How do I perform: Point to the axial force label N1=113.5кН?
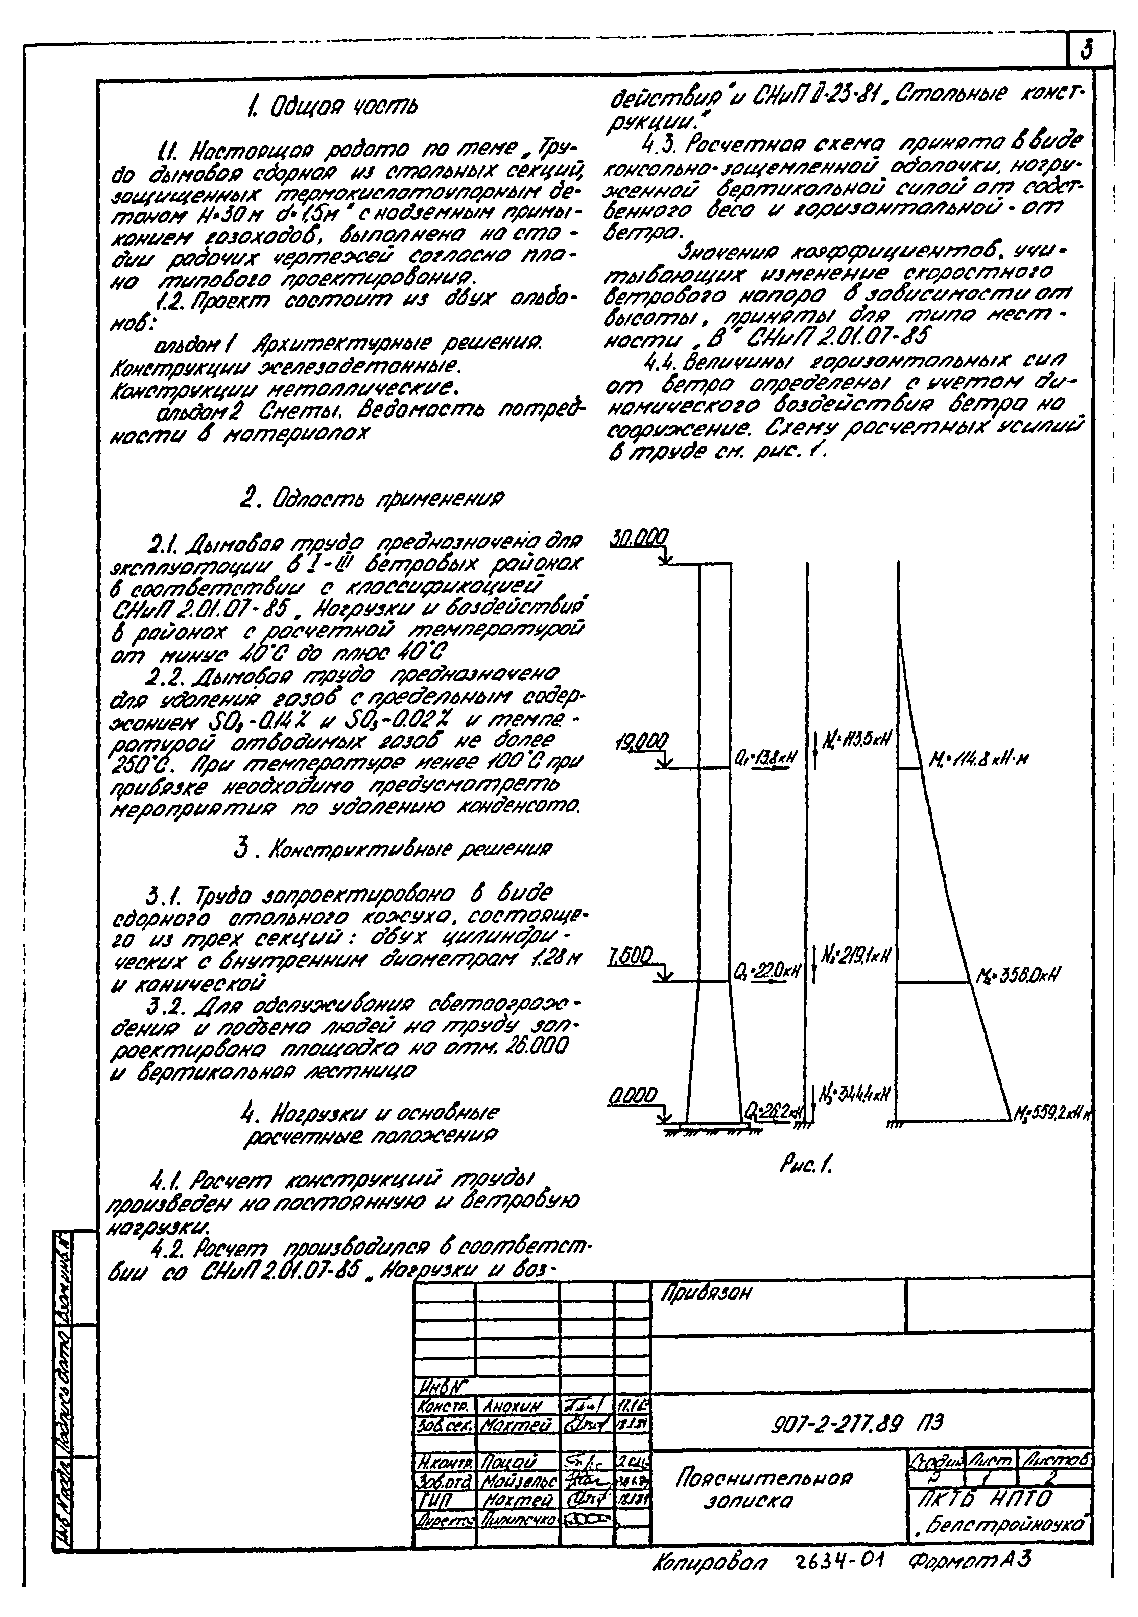pyautogui.click(x=855, y=739)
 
